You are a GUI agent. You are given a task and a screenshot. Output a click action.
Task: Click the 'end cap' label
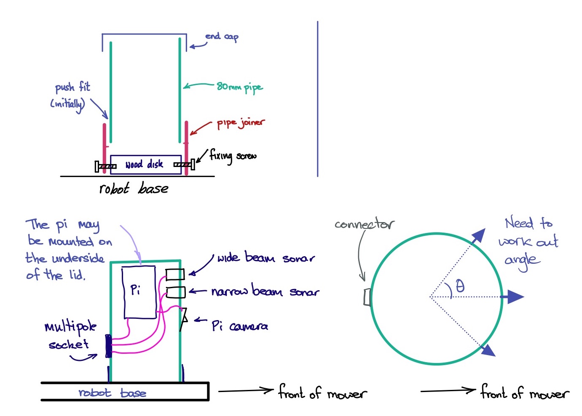point(222,37)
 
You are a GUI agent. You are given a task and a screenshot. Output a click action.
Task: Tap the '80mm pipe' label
point(239,87)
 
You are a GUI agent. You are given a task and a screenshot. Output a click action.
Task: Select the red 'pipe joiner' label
point(241,123)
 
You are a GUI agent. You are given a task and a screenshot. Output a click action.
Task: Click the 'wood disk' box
point(145,164)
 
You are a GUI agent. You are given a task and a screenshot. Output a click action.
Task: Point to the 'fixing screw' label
point(233,156)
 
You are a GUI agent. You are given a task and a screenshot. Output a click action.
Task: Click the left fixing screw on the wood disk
point(105,167)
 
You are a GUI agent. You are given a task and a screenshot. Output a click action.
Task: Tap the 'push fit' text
point(72,87)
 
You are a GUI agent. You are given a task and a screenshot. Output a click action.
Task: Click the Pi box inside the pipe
point(139,292)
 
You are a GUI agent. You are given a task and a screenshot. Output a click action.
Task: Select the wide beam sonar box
point(175,274)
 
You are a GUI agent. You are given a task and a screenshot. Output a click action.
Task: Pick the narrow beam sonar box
point(175,292)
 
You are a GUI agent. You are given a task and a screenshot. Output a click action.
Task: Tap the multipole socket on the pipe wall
point(108,346)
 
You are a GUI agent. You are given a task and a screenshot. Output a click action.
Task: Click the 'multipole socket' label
point(70,335)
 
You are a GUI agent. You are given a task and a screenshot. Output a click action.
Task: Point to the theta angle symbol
point(460,286)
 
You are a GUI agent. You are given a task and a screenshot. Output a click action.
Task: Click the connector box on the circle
point(367,297)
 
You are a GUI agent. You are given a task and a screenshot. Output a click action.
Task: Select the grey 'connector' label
point(365,224)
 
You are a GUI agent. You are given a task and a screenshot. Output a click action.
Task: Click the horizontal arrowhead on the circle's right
point(513,297)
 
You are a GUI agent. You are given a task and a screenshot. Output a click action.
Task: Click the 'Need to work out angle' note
point(528,243)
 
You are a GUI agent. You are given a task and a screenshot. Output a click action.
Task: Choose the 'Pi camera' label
point(239,326)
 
